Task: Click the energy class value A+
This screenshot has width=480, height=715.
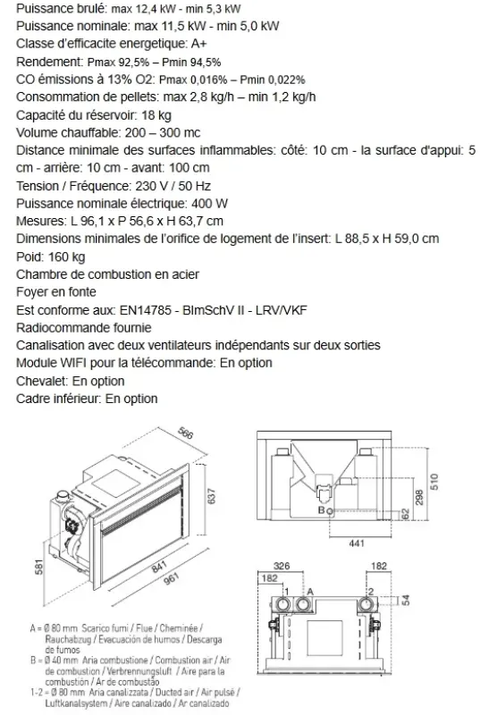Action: (198, 44)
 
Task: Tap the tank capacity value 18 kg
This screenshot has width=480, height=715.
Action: (156, 115)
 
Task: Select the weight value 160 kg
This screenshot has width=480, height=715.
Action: (66, 257)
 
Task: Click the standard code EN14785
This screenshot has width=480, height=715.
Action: (146, 310)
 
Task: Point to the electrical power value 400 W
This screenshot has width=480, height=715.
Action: (210, 204)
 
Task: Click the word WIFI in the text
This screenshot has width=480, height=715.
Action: (73, 364)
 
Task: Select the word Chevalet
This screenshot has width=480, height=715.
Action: (42, 382)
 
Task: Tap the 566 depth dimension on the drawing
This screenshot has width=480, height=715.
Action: (185, 433)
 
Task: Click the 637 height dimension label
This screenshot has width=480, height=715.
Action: (211, 497)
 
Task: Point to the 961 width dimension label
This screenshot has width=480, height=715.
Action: (171, 578)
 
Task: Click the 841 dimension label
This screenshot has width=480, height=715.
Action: (159, 567)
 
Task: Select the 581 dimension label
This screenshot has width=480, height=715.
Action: (39, 567)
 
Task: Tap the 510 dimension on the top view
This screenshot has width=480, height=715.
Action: (434, 482)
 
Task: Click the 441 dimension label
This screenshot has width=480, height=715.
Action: (357, 543)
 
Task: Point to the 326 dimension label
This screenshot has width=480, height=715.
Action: (282, 566)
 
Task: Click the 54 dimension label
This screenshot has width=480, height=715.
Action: (406, 600)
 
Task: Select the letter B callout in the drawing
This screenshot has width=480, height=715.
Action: (322, 510)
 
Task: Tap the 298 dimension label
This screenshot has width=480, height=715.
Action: (419, 497)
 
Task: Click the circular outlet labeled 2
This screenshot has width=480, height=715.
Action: (366, 605)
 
